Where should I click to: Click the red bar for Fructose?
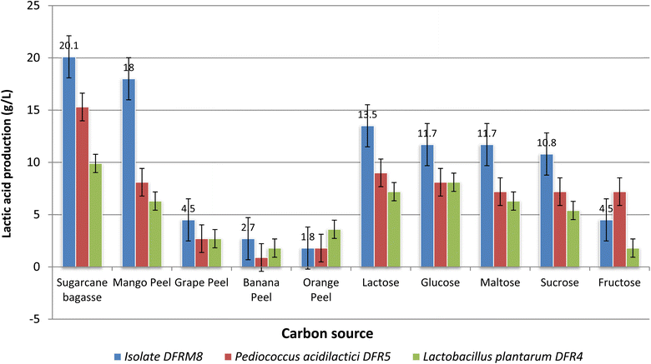(x=595, y=229)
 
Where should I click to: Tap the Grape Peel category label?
(x=195, y=283)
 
